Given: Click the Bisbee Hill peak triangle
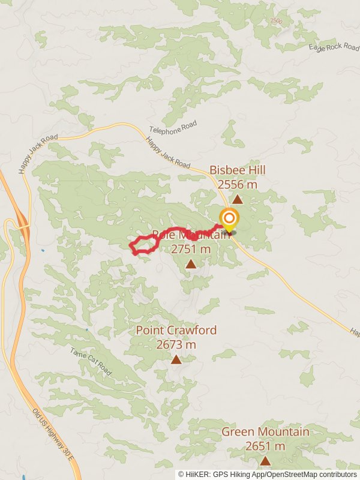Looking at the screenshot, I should point(238,200).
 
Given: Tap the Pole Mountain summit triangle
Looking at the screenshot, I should point(190,264).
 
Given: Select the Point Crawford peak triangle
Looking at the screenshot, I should point(176,359).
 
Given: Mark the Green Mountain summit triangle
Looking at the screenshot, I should point(265,461).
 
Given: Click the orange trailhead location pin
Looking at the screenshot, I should point(229,219).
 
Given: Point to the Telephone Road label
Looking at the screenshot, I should point(173,128).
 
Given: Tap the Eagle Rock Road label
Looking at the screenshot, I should point(334,47).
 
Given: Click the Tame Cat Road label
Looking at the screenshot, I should point(91,362).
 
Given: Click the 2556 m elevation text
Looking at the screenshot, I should point(238,185).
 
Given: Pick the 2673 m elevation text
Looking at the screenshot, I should point(176,344).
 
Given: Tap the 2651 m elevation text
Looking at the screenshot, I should point(265,446).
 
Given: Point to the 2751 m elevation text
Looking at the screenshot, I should point(191,248).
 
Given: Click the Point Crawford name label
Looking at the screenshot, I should point(176,331).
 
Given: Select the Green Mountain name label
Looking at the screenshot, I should point(265,432).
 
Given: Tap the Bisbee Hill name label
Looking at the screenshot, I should point(238,170).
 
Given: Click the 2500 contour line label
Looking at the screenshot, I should point(276,21).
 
